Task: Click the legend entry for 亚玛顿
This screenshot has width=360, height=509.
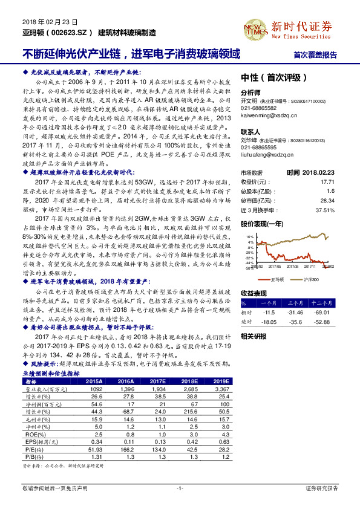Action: pyautogui.click(x=278, y=279)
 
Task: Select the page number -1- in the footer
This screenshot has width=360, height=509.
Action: pyautogui.click(x=179, y=487)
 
